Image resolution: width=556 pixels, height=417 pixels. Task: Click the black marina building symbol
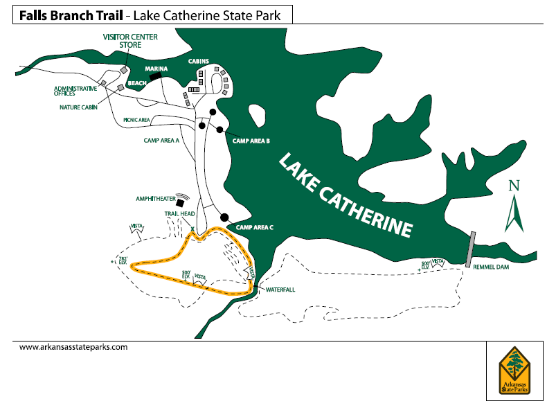click(154, 77)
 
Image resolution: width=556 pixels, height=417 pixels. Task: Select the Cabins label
click(199, 61)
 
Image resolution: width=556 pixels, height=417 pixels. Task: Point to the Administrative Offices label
click(76, 91)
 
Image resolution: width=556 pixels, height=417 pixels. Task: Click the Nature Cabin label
click(78, 107)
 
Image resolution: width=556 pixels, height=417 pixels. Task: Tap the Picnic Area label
click(137, 120)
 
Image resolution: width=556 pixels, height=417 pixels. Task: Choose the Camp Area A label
click(161, 140)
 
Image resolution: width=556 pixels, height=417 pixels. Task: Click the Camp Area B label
click(251, 141)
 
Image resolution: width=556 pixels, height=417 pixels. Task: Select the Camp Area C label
click(255, 227)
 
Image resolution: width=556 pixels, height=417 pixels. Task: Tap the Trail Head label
click(178, 215)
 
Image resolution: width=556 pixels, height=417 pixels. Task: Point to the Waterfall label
click(280, 290)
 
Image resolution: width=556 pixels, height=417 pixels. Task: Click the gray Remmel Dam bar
click(471, 249)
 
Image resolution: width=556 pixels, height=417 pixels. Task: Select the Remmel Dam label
click(492, 271)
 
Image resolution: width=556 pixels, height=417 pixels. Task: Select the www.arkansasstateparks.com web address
click(73, 347)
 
